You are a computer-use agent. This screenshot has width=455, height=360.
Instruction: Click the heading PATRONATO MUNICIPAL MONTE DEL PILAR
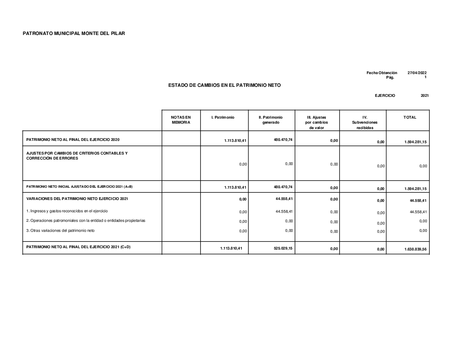[x=74, y=34]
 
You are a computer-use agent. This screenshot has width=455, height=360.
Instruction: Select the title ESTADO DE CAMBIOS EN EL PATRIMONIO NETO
[x=224, y=85]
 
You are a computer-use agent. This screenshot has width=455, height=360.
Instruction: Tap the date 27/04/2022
[x=417, y=73]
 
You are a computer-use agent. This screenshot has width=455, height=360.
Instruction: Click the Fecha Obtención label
[x=382, y=73]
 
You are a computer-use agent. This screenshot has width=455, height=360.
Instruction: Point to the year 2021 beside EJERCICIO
[x=425, y=95]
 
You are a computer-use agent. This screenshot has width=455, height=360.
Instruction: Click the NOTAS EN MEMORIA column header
[x=181, y=120]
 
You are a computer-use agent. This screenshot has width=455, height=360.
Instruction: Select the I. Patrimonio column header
[x=223, y=117]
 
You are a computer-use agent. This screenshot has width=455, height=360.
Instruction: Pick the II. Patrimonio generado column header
[x=270, y=120]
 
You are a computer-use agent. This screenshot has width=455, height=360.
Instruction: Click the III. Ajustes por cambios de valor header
[x=317, y=122]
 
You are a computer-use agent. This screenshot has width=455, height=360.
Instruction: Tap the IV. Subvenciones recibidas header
[x=364, y=122]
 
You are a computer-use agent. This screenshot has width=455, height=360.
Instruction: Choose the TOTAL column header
[x=409, y=117]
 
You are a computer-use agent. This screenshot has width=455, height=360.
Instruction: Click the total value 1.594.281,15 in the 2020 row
[x=415, y=142]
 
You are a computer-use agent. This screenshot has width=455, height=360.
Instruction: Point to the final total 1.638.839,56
[x=415, y=249]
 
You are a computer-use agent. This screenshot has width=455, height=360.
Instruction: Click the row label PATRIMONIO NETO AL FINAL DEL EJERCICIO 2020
[x=73, y=139]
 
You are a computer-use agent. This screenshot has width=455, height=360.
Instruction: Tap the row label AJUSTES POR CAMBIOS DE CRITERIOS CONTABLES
[x=77, y=153]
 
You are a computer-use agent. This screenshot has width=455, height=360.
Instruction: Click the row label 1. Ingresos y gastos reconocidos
[x=67, y=211]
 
